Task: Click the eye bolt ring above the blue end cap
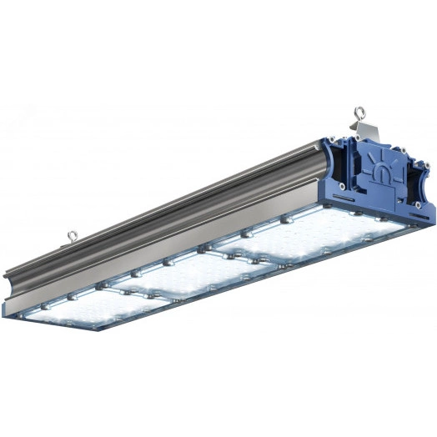pos(360,111)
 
